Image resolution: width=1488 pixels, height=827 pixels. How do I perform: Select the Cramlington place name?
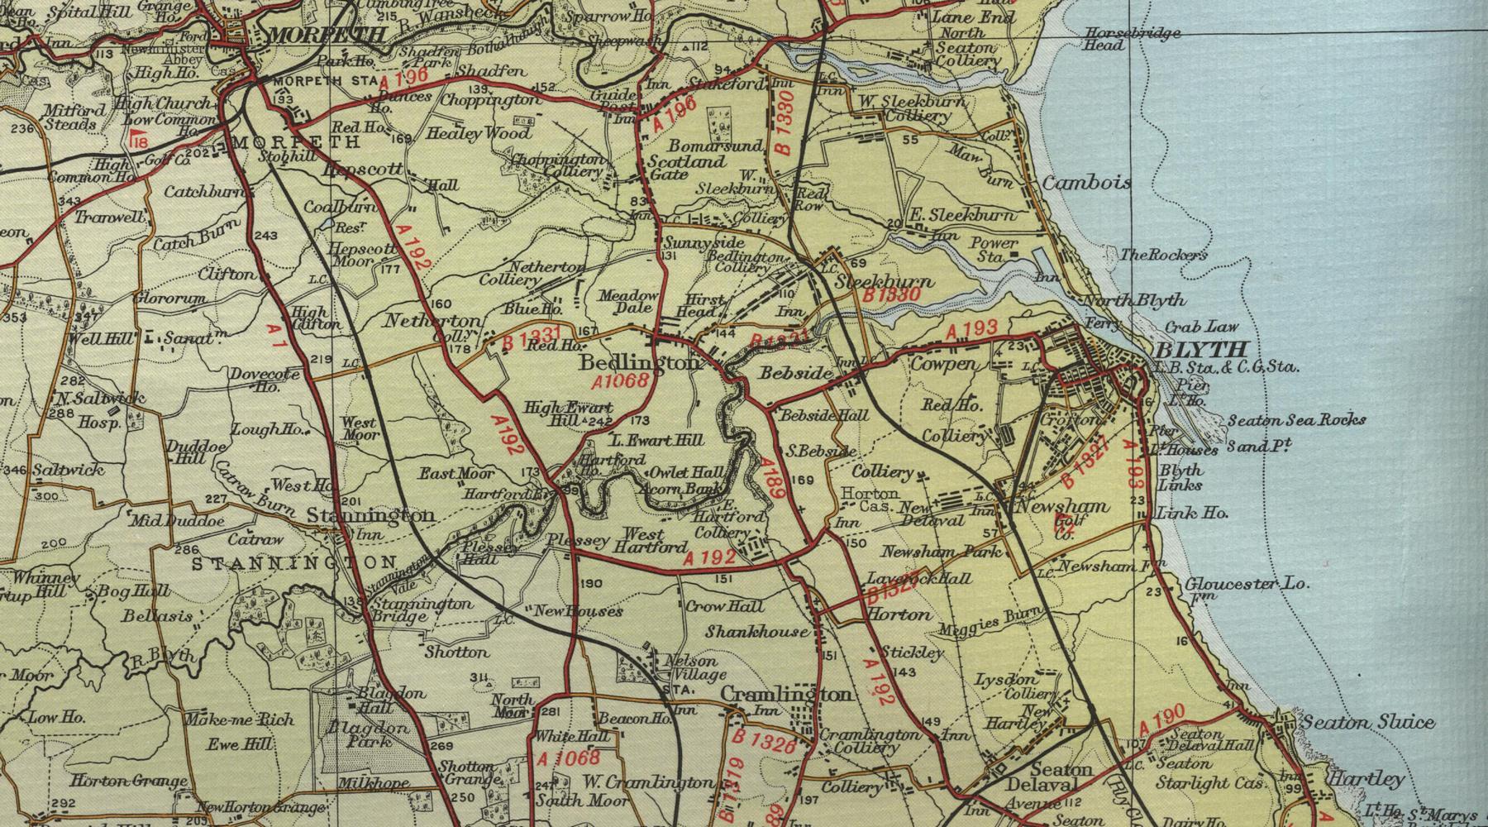tap(787, 694)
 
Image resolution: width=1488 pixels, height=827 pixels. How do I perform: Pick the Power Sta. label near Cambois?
tap(994, 249)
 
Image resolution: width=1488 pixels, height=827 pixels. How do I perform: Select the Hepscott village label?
tap(364, 169)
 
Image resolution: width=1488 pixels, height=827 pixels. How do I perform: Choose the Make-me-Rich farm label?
tap(239, 719)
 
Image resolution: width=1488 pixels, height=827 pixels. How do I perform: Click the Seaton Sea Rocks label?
tap(1296, 420)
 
